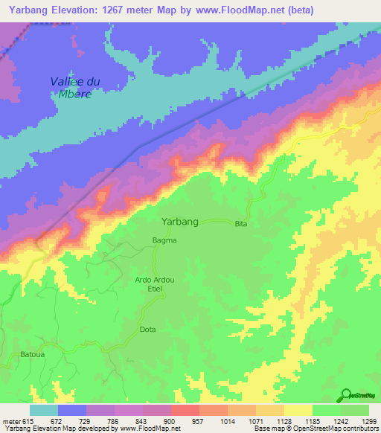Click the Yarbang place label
pos(180,222)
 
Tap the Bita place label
pos(240,224)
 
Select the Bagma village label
pos(164,240)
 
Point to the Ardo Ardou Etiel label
pos(155,284)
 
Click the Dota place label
pos(148,329)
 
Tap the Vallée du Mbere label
pos(74,87)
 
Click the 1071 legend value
pos(256,422)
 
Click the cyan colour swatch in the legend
pos(44,410)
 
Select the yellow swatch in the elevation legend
pos(298,410)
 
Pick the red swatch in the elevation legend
pos(185,410)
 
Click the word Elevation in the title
pos(78,10)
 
